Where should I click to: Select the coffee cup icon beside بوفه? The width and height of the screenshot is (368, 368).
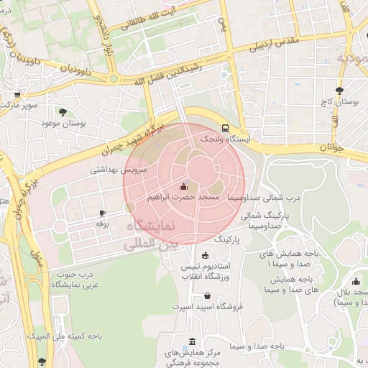[x=102, y=213]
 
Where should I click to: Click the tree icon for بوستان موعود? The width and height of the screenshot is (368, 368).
[x=63, y=111]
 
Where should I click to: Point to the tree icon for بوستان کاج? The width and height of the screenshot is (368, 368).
[x=339, y=91]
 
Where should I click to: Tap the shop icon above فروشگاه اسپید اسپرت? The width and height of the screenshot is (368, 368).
[x=208, y=295]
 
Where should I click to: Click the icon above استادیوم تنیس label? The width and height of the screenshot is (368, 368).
[x=206, y=256]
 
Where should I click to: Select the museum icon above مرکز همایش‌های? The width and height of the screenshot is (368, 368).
[x=191, y=341]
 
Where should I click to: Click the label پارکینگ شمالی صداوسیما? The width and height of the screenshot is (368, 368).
[x=264, y=220]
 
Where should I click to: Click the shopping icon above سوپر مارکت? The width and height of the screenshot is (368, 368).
[x=17, y=93]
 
